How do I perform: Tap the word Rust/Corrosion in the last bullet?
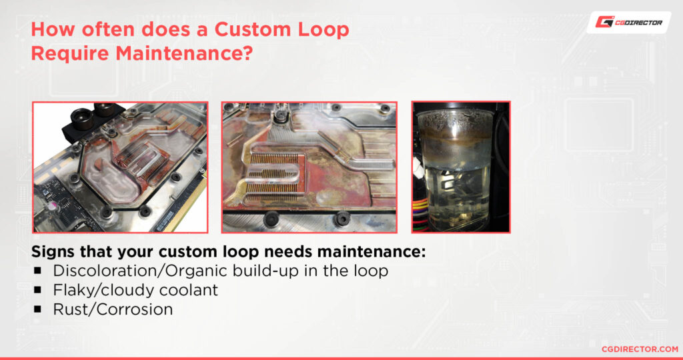(x=113, y=309)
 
